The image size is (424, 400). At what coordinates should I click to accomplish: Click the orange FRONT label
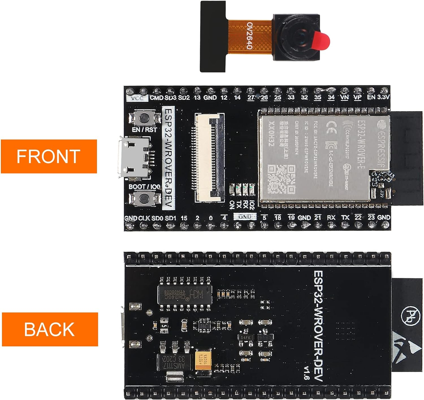click(49, 156)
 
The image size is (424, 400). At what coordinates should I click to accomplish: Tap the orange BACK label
click(49, 329)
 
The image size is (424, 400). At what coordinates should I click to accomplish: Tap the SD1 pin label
click(170, 218)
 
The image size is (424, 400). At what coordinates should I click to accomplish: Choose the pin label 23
click(371, 218)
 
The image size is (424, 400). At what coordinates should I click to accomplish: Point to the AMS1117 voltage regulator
click(175, 361)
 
